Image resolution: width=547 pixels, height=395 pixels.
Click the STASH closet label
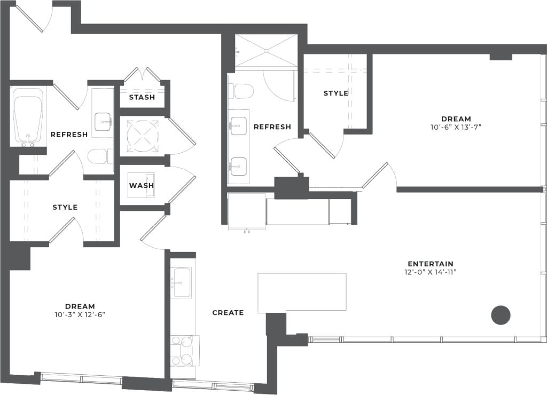click(142, 97)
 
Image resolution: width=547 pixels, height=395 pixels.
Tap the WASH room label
click(141, 185)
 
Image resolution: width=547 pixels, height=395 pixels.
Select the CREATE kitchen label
click(228, 312)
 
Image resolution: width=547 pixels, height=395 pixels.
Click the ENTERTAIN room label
click(430, 264)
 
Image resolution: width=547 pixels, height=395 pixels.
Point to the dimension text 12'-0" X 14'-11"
click(430, 272)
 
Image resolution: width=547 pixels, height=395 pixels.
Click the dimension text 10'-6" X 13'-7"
click(456, 127)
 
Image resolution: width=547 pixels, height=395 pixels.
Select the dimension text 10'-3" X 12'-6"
click(80, 314)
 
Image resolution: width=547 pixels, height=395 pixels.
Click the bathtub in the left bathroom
click(28, 116)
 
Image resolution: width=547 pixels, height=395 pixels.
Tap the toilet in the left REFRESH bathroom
click(99, 156)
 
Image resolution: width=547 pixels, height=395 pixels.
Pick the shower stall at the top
click(266, 51)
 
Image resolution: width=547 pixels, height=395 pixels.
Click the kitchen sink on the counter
click(182, 282)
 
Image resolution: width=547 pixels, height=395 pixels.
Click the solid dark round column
click(501, 315)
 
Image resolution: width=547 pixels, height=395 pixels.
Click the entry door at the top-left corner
click(32, 19)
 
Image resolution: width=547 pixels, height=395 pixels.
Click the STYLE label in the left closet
click(65, 207)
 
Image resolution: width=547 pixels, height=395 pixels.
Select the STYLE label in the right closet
click(335, 93)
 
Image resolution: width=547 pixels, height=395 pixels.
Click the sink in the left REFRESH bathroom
click(103, 122)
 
